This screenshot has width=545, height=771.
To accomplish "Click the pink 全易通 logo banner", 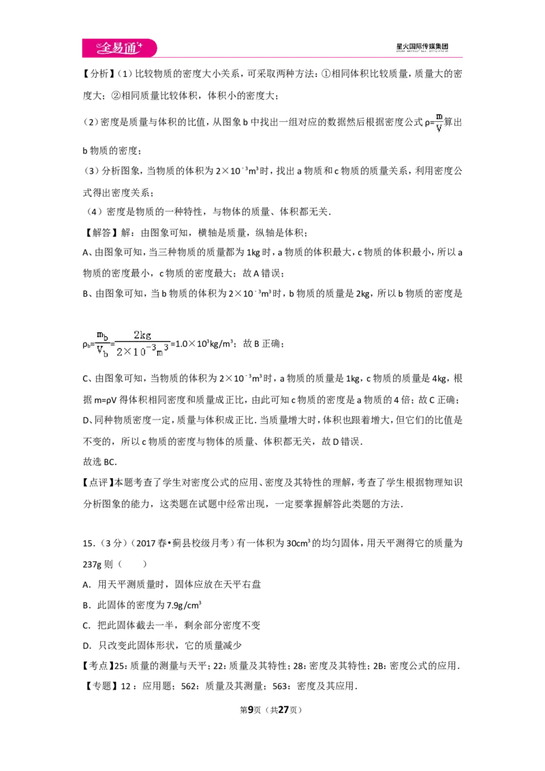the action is point(119,48).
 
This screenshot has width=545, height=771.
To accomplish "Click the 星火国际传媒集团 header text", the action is point(422,46).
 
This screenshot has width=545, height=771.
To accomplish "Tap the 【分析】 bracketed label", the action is point(99,74).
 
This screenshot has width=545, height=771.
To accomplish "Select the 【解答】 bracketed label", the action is point(99,232).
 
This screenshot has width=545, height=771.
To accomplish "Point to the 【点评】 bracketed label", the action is point(99,483).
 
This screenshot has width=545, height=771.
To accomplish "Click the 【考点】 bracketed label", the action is point(99,666).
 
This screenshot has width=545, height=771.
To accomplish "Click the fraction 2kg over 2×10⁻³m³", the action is point(142,343).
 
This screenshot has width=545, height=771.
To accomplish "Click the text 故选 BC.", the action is point(100,462).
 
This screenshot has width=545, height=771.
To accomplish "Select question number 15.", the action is point(88,544).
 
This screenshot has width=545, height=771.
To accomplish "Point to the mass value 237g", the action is point(92,565).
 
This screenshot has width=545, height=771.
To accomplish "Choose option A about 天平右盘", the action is point(172,584).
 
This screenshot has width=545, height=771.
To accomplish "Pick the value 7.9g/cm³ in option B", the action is point(184,605).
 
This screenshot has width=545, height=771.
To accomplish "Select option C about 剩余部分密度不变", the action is point(171,625).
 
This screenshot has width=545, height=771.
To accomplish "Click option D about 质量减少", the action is point(162,646).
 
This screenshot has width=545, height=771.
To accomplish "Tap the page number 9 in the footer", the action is point(251,710).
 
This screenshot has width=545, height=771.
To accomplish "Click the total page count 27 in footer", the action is point(283,710).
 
